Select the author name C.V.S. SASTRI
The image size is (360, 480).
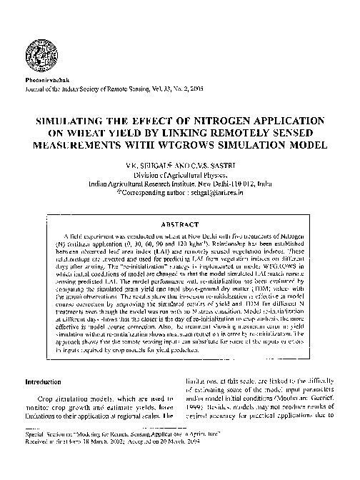tap(206, 167)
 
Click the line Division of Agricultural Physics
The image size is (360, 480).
tap(180, 175)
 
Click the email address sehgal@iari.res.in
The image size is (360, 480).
tap(222, 192)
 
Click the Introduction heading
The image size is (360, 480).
tap(46, 382)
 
